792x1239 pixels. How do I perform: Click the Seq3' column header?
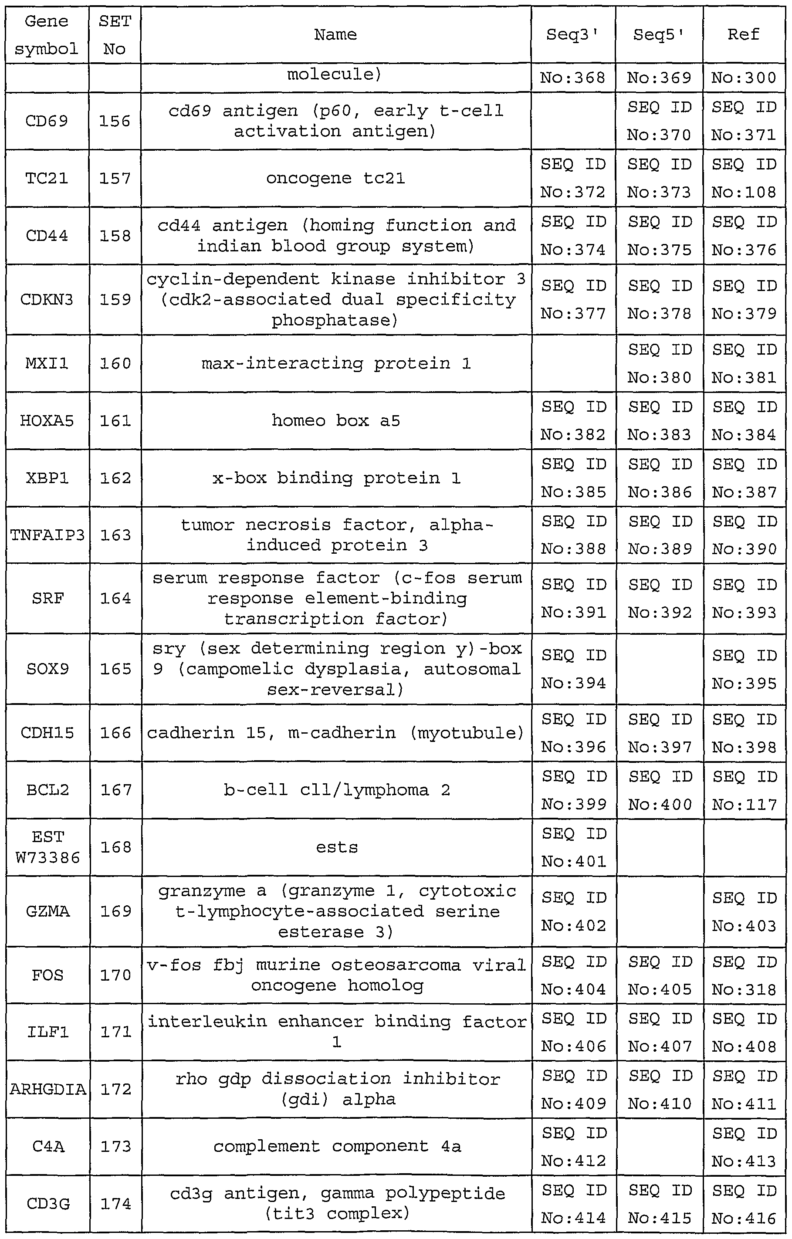coord(573,35)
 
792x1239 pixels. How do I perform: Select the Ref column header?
coord(743,35)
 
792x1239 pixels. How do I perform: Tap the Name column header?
coord(335,35)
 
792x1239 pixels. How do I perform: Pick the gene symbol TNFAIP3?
coord(47,535)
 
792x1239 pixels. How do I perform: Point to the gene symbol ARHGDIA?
coord(47,1089)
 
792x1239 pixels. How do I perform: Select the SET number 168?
coord(115,847)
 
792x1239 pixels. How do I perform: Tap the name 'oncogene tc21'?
coord(335,179)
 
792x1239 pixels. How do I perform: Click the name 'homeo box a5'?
coord(335,421)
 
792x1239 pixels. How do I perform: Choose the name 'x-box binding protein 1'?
coord(336,478)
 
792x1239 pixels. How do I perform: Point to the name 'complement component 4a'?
coord(337,1146)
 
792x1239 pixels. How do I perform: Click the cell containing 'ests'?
coord(337,847)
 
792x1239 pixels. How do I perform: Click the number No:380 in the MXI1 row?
coord(660,378)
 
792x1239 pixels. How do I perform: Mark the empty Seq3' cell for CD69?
coord(573,122)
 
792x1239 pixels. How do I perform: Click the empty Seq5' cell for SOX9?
coord(659,669)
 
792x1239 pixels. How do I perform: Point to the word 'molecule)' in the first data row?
coord(335,75)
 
